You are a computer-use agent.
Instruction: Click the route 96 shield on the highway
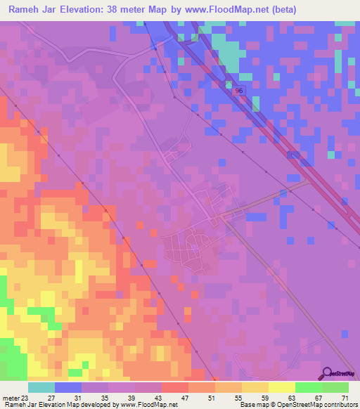click(x=239, y=91)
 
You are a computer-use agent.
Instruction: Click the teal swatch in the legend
click(x=41, y=387)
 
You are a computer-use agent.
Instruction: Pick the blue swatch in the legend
click(x=68, y=387)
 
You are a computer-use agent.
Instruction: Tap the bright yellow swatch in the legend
click(x=282, y=387)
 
